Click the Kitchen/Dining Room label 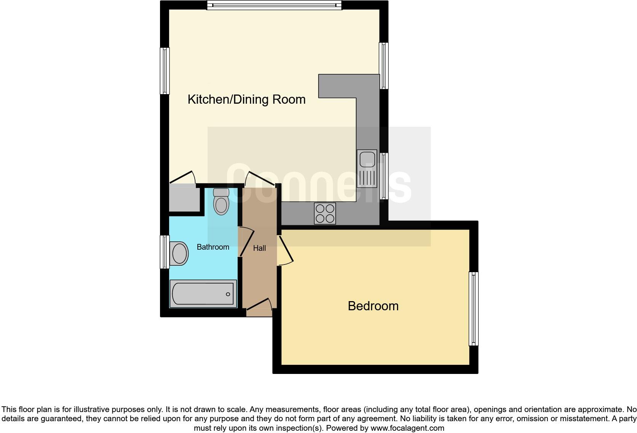pyautogui.click(x=246, y=99)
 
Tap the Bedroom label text pyautogui.click(x=373, y=306)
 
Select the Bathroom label pyautogui.click(x=213, y=247)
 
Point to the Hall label pyautogui.click(x=259, y=248)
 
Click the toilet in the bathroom pyautogui.click(x=221, y=202)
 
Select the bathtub pyautogui.click(x=203, y=293)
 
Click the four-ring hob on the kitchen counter pyautogui.click(x=325, y=213)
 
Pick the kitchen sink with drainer pyautogui.click(x=367, y=168)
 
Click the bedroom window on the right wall pyautogui.click(x=473, y=308)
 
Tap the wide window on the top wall pyautogui.click(x=274, y=5)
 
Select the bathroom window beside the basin pyautogui.click(x=165, y=252)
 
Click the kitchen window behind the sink pyautogui.click(x=384, y=176)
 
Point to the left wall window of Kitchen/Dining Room pyautogui.click(x=165, y=71)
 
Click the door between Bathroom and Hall pyautogui.click(x=246, y=242)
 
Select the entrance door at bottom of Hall pyautogui.click(x=259, y=305)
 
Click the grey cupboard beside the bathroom pyautogui.click(x=184, y=198)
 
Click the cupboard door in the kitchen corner pyautogui.click(x=182, y=178)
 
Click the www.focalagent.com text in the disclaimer pyautogui.click(x=407, y=428)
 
